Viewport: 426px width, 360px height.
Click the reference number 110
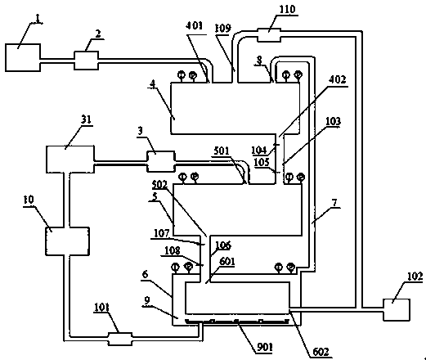[287, 9]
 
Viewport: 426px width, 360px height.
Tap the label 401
[194, 25]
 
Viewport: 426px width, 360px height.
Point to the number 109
[222, 28]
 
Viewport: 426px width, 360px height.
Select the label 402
[338, 79]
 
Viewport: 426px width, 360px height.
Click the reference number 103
[333, 121]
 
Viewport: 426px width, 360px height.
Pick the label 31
[86, 119]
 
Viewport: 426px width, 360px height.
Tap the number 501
[221, 151]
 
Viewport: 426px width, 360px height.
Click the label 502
[159, 185]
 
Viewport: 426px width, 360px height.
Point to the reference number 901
[264, 347]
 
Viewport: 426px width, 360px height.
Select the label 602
[321, 352]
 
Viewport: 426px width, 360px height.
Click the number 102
[415, 277]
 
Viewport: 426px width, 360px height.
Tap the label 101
[101, 307]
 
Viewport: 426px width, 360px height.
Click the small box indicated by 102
[397, 310]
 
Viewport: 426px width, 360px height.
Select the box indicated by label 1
[23, 57]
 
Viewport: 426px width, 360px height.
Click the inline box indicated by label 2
[86, 61]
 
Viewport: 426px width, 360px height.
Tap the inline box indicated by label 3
[161, 161]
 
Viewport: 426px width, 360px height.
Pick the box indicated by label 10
[67, 241]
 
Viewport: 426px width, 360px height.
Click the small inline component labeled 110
[269, 34]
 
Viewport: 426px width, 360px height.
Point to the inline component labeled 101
[120, 339]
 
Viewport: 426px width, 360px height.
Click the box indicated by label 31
[70, 160]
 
